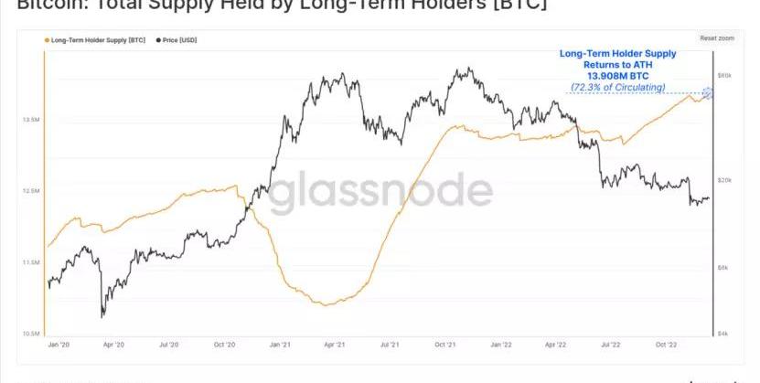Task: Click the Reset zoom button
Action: (x=716, y=38)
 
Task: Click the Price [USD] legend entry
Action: (x=178, y=41)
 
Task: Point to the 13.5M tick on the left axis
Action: (x=31, y=119)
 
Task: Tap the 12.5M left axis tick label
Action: (x=31, y=190)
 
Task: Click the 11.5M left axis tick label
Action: (x=31, y=262)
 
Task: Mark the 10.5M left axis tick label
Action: (x=31, y=334)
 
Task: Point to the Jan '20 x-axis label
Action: (x=58, y=346)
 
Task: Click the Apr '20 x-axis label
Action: (x=112, y=346)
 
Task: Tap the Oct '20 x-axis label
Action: (x=225, y=346)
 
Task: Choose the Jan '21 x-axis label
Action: (x=281, y=346)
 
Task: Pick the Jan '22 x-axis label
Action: (x=500, y=346)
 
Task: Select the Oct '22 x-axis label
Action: (x=666, y=346)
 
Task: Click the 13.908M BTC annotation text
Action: (x=618, y=77)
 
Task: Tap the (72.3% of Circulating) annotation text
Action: (x=618, y=87)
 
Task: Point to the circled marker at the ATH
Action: (x=707, y=92)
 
